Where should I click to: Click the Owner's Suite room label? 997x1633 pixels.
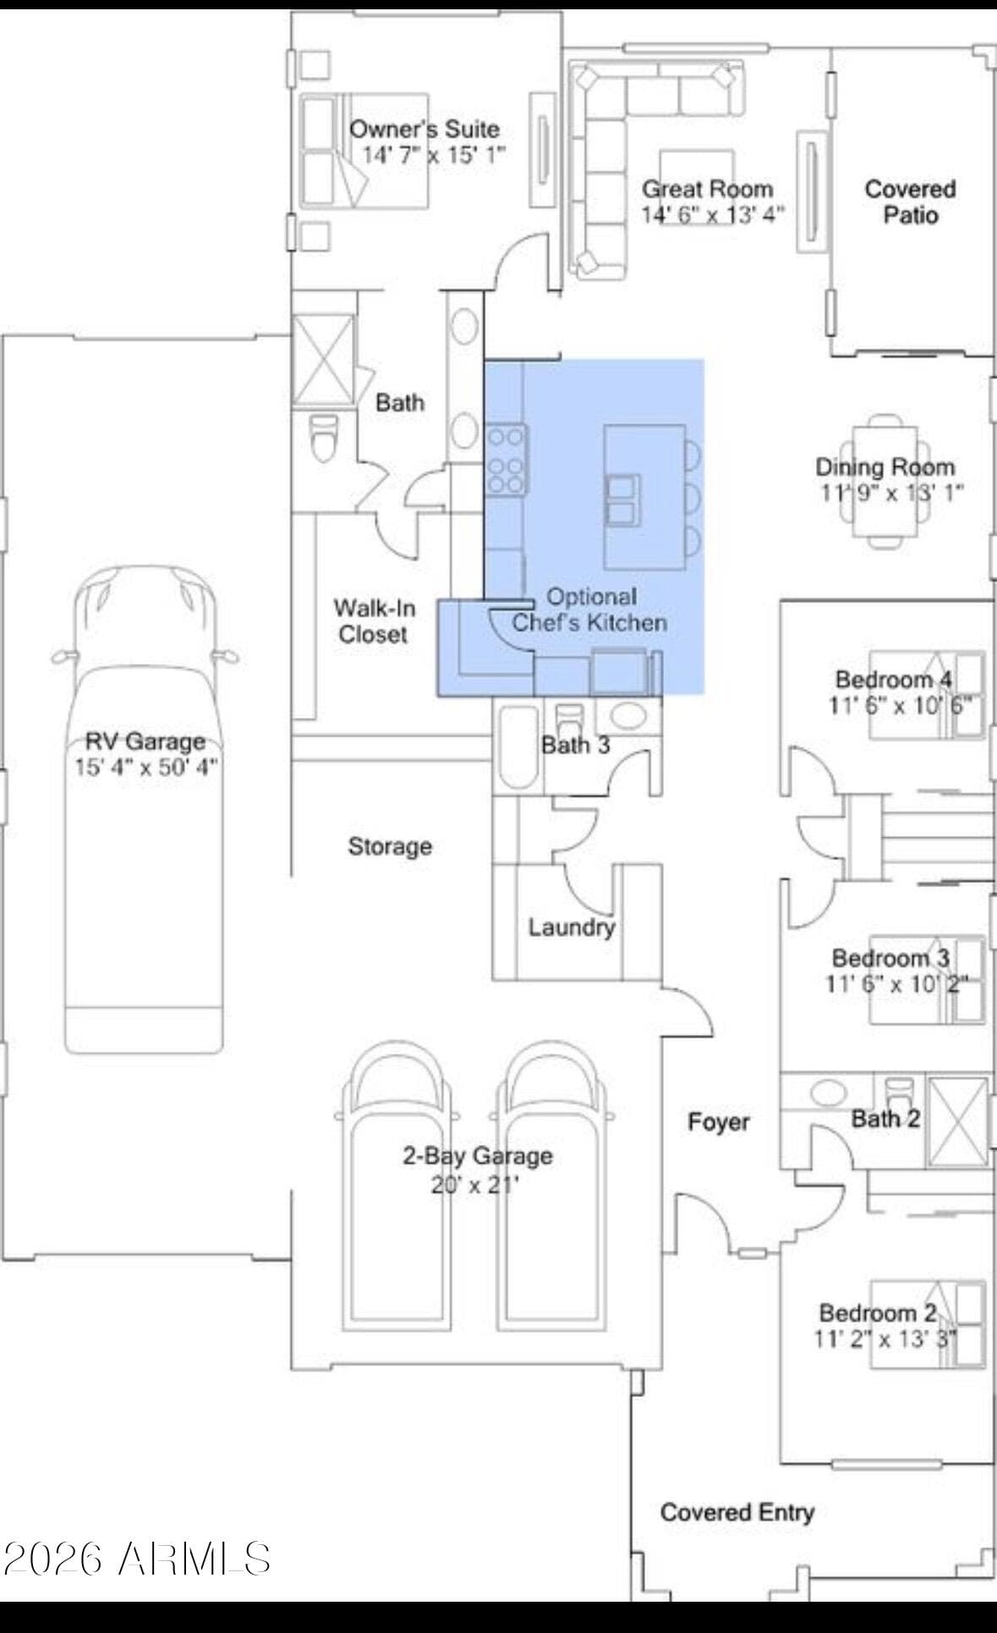click(425, 129)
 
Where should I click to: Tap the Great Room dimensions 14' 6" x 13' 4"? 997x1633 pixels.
click(713, 214)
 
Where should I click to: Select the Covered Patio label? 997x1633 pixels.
click(910, 201)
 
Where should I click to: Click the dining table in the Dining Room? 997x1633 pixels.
click(885, 480)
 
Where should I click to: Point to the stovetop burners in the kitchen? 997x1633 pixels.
click(506, 460)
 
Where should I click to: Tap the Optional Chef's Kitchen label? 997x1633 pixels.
click(590, 610)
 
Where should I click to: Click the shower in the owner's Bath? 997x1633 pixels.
click(323, 359)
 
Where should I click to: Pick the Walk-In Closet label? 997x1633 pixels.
click(373, 621)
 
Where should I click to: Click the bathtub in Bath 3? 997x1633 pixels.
click(517, 746)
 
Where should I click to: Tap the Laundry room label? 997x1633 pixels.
click(572, 927)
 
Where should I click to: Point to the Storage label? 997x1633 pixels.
click(390, 846)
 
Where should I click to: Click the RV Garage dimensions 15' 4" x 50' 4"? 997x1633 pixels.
click(146, 767)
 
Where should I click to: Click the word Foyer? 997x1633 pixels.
click(719, 1122)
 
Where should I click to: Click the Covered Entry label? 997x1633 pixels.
click(737, 1512)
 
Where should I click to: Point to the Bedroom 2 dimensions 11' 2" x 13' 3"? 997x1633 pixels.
click(886, 1339)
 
